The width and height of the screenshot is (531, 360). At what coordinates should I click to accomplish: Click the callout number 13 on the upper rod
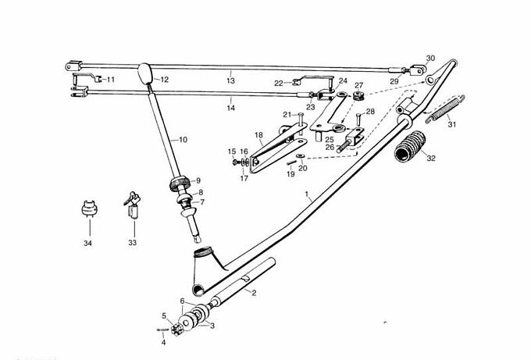[x=230, y=81]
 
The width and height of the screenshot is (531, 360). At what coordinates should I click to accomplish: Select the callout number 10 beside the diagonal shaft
[x=183, y=140]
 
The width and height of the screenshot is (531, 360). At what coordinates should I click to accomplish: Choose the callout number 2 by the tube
[x=253, y=292]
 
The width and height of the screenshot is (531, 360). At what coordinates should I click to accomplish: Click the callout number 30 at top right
[x=430, y=59]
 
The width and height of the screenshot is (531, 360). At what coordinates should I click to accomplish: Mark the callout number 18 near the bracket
[x=258, y=135]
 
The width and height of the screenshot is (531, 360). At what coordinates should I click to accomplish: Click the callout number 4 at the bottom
[x=163, y=341]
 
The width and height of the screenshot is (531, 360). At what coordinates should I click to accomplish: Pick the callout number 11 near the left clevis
[x=110, y=80]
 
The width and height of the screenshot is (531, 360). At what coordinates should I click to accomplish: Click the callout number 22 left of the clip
[x=278, y=83]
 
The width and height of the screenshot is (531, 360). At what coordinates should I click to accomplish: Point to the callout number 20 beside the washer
[x=303, y=168]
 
